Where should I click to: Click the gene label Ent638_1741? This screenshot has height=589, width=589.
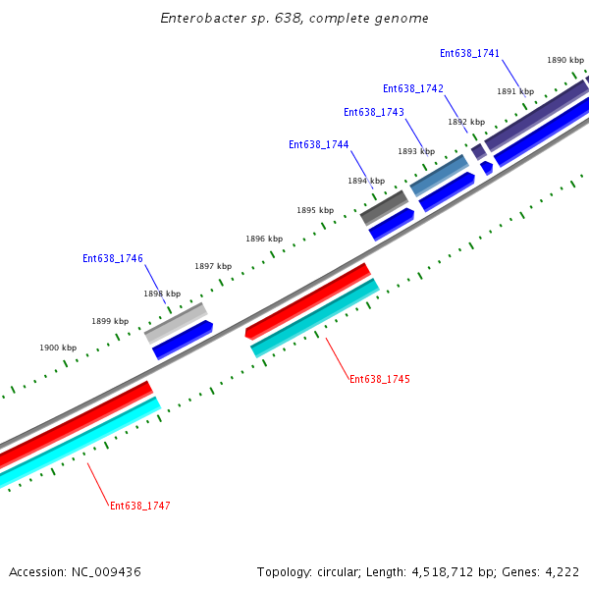point(469,53)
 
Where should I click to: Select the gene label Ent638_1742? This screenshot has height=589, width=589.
point(412,88)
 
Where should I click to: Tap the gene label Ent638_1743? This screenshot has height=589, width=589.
point(374,112)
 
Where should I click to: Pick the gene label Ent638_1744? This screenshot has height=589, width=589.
point(318,144)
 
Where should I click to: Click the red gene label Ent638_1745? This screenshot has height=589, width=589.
point(380,379)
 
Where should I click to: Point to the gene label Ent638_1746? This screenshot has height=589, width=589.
point(113,258)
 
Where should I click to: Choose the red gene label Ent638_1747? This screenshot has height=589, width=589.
point(140,506)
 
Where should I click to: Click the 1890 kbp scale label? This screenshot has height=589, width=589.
point(565,60)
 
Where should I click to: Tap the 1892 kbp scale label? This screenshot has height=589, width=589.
point(466,123)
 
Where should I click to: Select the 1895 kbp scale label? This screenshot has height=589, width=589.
point(315,210)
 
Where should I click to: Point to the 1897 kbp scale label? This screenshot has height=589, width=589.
point(213,266)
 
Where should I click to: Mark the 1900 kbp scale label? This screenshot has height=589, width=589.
point(58,348)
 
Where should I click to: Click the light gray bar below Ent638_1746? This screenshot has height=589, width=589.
point(176,321)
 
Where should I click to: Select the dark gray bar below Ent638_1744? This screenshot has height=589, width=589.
point(384,207)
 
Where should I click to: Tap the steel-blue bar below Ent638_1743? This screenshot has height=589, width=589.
point(439,175)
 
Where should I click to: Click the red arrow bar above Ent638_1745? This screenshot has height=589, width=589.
point(307,299)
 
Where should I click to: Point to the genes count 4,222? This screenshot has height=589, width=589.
point(561,571)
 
